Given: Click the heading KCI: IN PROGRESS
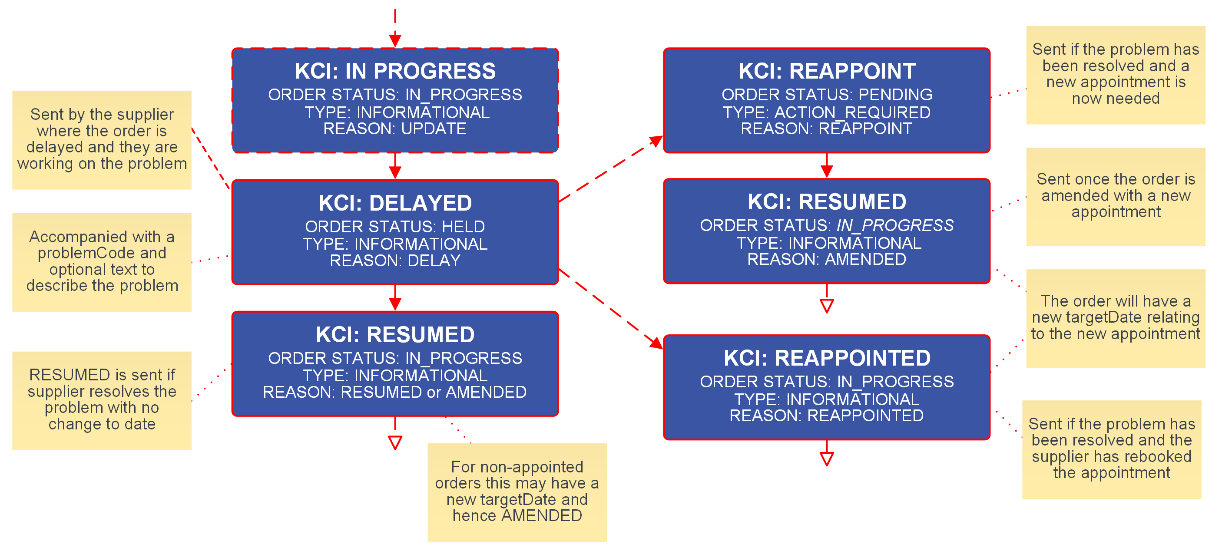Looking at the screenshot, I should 395,71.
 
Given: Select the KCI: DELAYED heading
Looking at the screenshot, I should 395,203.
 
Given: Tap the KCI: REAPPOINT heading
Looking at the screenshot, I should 826,71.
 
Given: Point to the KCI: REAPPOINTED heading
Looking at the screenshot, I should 826,358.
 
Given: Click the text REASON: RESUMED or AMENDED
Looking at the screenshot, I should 395,392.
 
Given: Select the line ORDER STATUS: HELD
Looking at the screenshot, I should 395,227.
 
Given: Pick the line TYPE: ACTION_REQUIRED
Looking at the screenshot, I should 826,112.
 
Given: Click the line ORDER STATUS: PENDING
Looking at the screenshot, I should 826,95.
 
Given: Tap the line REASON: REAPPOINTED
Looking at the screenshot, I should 826,416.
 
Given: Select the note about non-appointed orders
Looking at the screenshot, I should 517,492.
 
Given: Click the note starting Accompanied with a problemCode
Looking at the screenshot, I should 102,262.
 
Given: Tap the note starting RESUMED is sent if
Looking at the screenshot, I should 102,400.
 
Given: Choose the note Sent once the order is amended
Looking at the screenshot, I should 1116,196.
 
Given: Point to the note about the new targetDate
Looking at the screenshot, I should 1116,318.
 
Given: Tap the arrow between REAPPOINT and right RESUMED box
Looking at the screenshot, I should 826,166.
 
